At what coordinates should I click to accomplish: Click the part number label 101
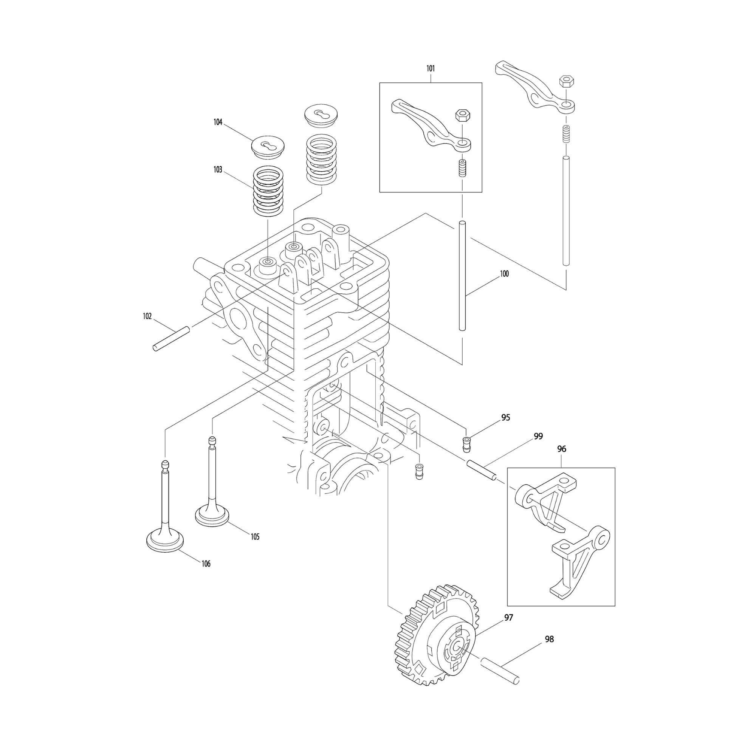[431, 68]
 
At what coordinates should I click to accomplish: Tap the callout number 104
[218, 122]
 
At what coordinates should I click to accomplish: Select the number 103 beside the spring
[218, 170]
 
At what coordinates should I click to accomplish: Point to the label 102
[147, 316]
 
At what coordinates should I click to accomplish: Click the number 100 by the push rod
[504, 274]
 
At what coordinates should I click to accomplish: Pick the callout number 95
[505, 418]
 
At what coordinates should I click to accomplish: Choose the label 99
[538, 436]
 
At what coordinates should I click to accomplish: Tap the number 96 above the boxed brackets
[562, 449]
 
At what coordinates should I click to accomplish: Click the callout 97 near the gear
[508, 618]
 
